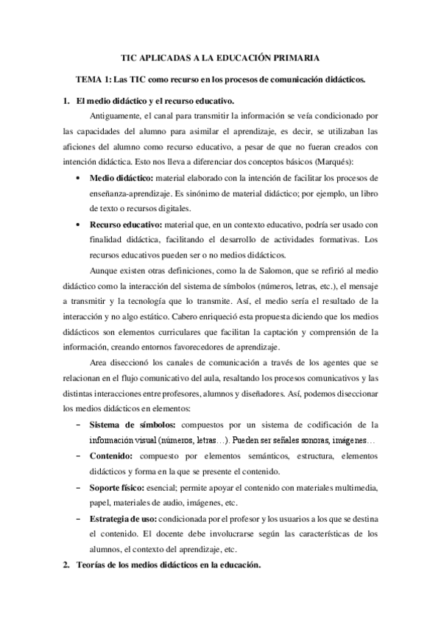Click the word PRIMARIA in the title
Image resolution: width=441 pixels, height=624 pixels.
292,57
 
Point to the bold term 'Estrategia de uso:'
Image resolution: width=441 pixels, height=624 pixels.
123,520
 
